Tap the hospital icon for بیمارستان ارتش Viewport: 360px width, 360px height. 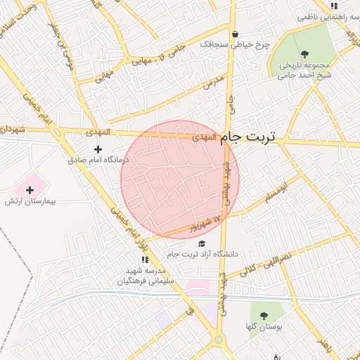click(30, 190)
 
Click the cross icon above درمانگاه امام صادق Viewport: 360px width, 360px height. click(98, 149)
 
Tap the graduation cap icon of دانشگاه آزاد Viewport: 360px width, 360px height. click(202, 243)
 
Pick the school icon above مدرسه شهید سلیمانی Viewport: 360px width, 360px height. click(145, 259)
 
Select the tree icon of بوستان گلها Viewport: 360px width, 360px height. click(264, 316)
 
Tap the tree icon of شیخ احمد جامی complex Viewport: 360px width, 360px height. click(304, 53)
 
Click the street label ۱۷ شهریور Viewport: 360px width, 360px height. click(204, 224)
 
